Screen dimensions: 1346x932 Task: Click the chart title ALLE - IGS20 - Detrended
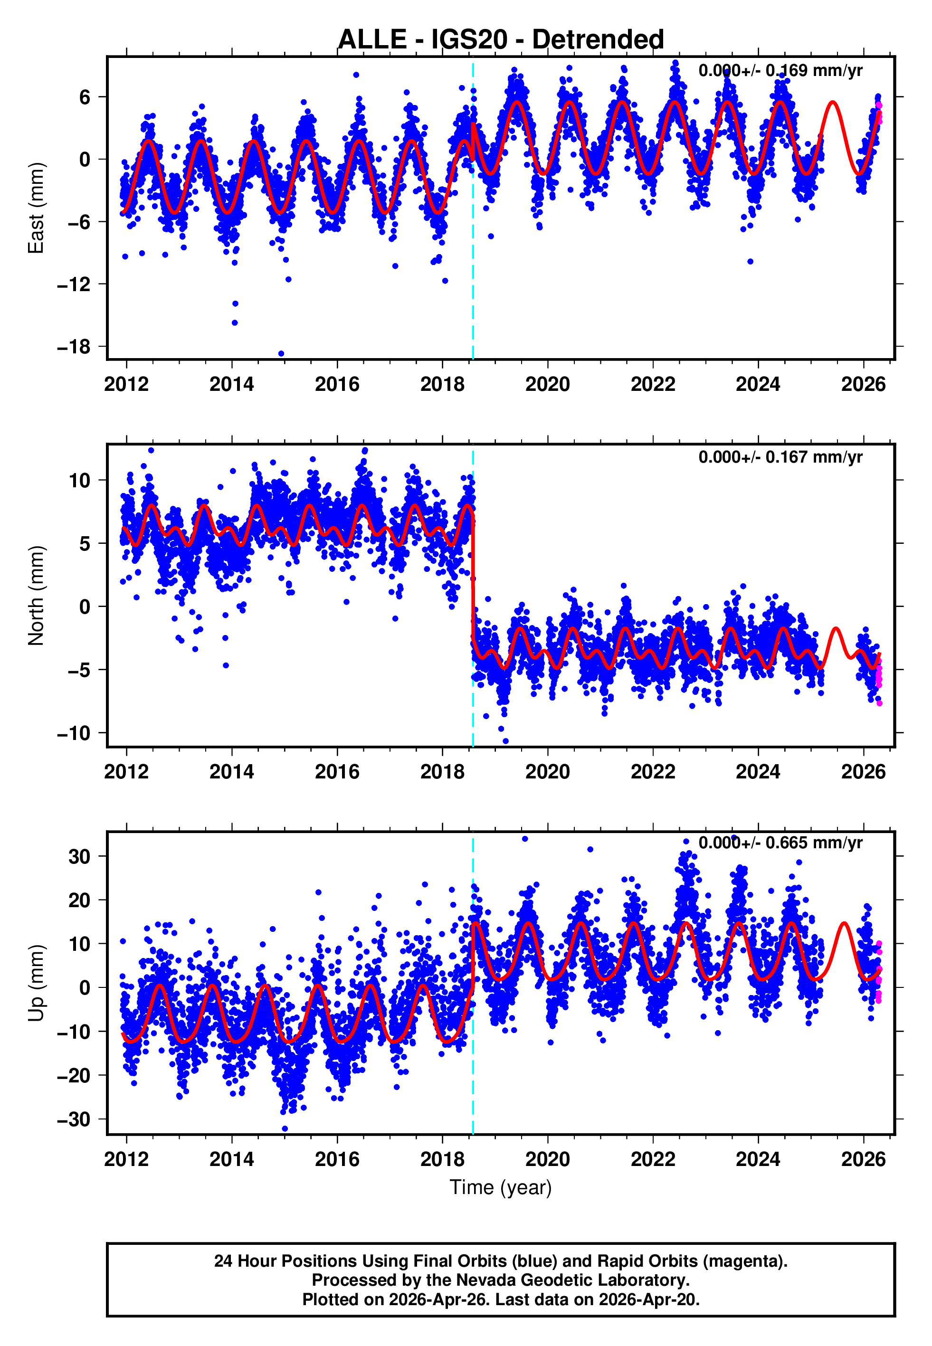pyautogui.click(x=501, y=40)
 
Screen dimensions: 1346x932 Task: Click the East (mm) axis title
pyautogui.click(x=36, y=208)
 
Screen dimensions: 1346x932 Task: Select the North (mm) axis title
pyautogui.click(x=36, y=596)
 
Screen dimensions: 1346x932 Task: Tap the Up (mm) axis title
pyautogui.click(x=36, y=983)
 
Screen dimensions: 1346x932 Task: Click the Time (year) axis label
pyautogui.click(x=501, y=1187)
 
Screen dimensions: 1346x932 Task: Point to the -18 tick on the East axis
pyautogui.click(x=74, y=347)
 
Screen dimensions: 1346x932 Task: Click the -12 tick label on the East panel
pyautogui.click(x=74, y=284)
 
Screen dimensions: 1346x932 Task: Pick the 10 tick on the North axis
pyautogui.click(x=79, y=480)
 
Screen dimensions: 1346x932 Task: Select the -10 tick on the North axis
pyautogui.click(x=74, y=733)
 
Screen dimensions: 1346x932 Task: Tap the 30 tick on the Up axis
pyautogui.click(x=79, y=857)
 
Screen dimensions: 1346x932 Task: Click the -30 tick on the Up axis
pyautogui.click(x=74, y=1119)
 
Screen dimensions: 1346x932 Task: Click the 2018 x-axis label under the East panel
pyautogui.click(x=442, y=384)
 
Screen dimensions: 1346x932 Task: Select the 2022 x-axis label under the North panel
pyautogui.click(x=652, y=772)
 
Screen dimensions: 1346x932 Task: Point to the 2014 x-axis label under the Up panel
pyautogui.click(x=232, y=1159)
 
